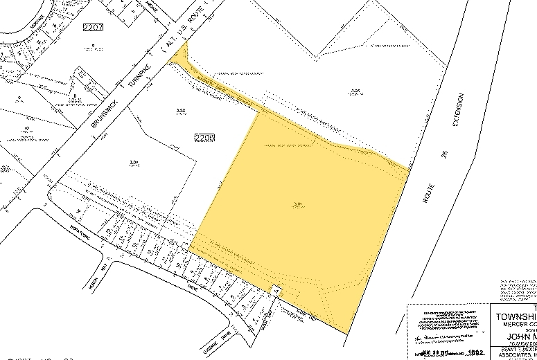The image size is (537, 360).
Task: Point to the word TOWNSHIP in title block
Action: [x=513, y=317]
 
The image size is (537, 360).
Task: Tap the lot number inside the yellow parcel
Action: [x=297, y=204]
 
